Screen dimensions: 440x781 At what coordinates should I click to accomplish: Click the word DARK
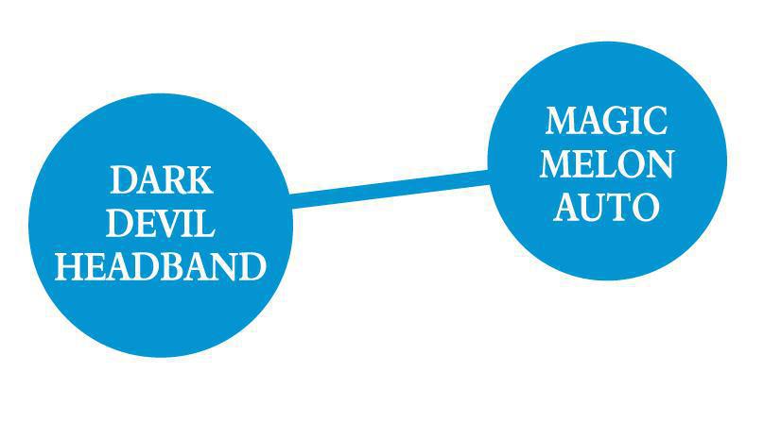click(161, 179)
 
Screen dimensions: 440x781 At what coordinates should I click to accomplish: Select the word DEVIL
click(161, 224)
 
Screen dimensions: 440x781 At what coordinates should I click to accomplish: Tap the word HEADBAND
click(161, 267)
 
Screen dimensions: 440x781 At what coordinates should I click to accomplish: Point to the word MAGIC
click(606, 121)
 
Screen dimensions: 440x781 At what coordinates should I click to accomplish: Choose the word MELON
click(606, 164)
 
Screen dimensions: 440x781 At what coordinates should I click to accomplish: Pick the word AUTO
click(606, 208)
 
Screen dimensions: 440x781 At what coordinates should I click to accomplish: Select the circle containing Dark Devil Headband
click(161, 312)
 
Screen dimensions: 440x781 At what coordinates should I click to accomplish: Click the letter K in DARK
click(200, 179)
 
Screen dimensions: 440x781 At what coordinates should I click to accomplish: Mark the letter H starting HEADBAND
click(68, 267)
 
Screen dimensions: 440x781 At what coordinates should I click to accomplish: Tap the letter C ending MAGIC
click(656, 121)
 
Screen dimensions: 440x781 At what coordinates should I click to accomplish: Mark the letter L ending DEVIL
click(205, 224)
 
